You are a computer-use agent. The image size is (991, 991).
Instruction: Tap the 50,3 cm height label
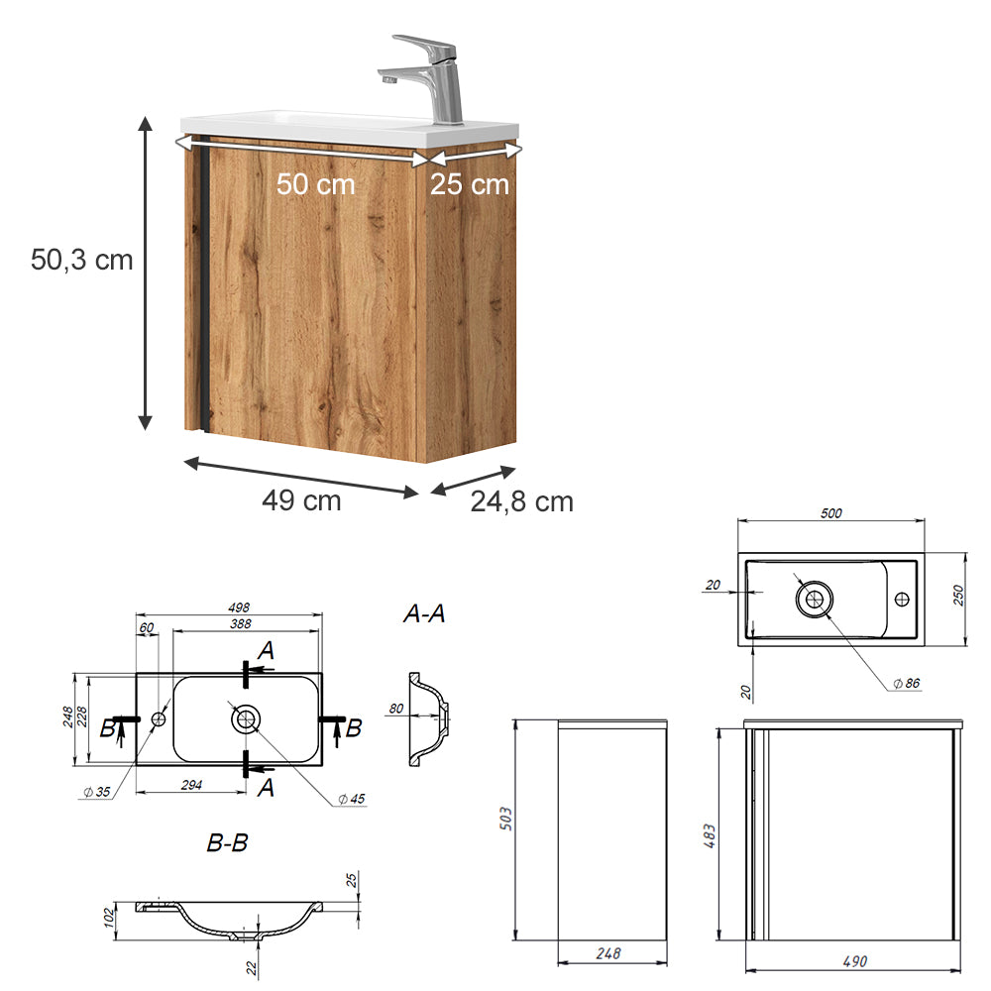click(82, 260)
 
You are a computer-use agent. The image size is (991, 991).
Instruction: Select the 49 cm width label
click(301, 501)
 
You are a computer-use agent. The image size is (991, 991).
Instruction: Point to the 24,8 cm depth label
click(521, 501)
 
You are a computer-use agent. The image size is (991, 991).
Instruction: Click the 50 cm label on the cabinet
click(315, 184)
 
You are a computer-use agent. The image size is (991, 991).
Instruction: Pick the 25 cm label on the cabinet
click(470, 184)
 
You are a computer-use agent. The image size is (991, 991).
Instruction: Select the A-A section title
click(424, 614)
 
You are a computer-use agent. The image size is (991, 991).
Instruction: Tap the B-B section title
click(227, 844)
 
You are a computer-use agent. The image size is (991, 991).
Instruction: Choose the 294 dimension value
click(192, 785)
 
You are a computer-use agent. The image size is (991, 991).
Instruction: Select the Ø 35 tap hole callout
click(95, 791)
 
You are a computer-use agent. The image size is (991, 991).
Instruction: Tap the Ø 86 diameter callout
click(906, 684)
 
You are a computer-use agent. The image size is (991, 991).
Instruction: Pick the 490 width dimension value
click(853, 961)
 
